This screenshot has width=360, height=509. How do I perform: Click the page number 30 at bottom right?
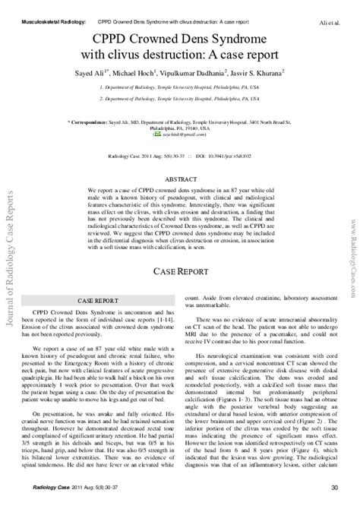336,487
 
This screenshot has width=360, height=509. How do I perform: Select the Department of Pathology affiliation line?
179,99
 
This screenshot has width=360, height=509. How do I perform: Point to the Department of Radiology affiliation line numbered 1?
179,87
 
